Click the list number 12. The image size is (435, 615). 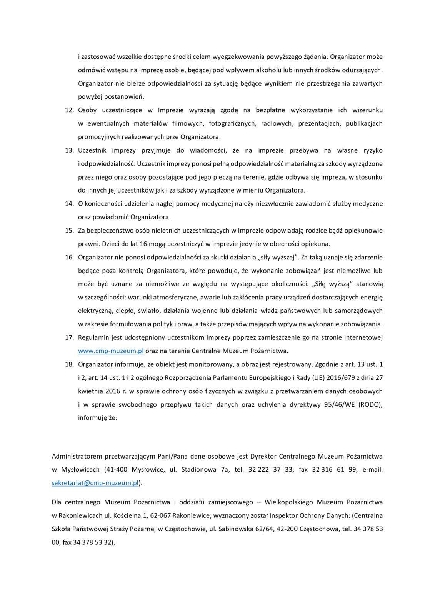69,110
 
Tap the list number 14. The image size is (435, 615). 69,204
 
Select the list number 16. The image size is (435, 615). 69,257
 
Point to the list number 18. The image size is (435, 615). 69,364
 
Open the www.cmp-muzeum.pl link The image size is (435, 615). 111,351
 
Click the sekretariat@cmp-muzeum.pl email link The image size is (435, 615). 95,483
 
